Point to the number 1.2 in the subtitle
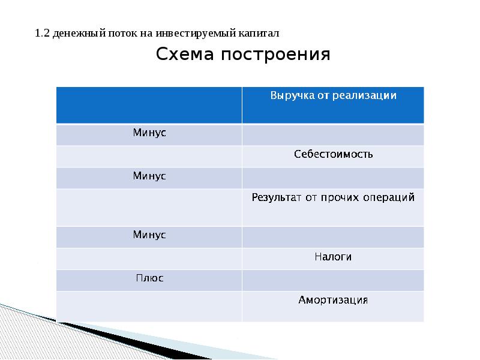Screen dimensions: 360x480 coord(41,34)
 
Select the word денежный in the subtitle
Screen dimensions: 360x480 coord(76,34)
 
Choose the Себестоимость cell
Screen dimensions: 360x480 coord(333,154)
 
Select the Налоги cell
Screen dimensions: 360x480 coord(333,257)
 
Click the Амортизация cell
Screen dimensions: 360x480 coord(333,299)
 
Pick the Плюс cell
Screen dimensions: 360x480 coord(149,278)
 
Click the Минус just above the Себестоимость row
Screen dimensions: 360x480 coord(149,133)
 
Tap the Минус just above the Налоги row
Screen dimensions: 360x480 coord(149,235)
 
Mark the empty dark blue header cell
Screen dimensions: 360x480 coord(149,105)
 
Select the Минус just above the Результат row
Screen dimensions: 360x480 coord(149,176)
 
